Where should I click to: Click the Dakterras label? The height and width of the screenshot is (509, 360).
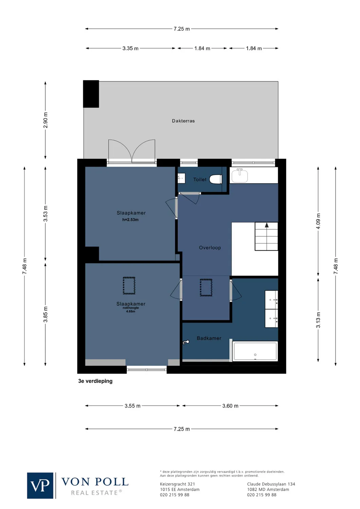(x=183, y=121)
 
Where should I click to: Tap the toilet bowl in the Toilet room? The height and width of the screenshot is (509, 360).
(x=216, y=179)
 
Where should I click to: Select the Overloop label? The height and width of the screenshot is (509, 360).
(x=210, y=248)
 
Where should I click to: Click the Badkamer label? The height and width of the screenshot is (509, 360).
(x=209, y=338)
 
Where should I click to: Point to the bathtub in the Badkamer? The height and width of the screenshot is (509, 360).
(x=255, y=351)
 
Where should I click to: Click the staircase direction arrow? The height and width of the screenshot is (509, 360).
(x=267, y=225)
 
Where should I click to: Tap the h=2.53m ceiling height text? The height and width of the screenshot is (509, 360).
(x=130, y=220)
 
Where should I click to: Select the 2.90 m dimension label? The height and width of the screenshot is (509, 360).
(x=46, y=120)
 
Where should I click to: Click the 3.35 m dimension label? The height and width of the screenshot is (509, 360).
(x=130, y=49)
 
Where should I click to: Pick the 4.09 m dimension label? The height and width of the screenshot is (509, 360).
(x=318, y=221)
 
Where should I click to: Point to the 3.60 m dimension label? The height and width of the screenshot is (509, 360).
(x=230, y=406)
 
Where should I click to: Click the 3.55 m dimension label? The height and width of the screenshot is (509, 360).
(x=132, y=406)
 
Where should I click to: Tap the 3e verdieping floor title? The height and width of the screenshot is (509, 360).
(x=95, y=381)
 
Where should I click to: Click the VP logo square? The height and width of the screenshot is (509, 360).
(x=40, y=486)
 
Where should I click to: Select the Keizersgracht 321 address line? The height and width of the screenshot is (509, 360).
(x=177, y=484)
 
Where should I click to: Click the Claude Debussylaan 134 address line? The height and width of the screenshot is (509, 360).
(x=271, y=484)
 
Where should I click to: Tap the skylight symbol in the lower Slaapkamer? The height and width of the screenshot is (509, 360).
(x=129, y=285)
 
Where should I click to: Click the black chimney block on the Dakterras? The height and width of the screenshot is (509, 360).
(x=91, y=94)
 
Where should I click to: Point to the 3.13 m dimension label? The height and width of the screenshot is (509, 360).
(x=318, y=320)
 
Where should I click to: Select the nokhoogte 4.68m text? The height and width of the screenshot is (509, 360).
(x=131, y=309)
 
